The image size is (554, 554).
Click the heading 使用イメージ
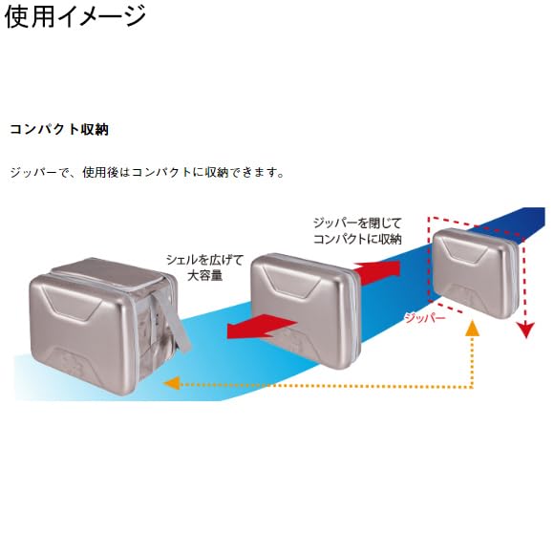pos(75,16)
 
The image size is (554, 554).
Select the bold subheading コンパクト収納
pos(59,130)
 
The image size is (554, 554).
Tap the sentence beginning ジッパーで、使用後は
pos(147,173)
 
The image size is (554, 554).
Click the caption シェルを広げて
pos(205,260)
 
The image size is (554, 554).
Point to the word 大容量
pos(205,275)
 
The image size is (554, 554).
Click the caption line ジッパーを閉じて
pos(357,223)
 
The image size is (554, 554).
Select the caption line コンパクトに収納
pos(357,239)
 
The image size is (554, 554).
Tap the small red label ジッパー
pos(425,318)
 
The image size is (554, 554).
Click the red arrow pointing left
pos(262,327)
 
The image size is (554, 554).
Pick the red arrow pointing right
pos(376,271)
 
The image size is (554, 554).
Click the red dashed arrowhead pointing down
pos(526,330)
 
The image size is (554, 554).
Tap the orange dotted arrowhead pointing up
pos(473,329)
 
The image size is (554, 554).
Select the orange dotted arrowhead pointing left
pos(172,383)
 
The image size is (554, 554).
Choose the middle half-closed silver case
pos(306,311)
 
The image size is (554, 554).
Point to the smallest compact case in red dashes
pos(477,273)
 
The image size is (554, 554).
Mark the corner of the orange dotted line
pos(473,386)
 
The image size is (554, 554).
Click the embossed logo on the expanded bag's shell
pos(71,364)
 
